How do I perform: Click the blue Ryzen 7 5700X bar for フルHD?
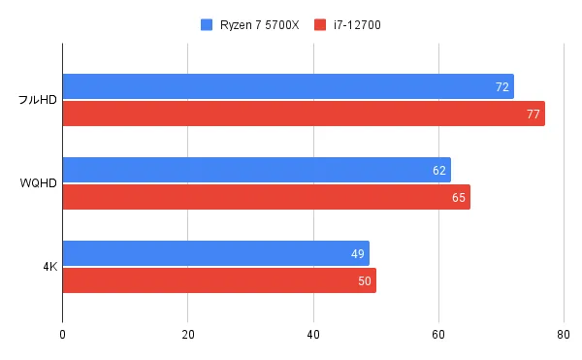coord(288,86)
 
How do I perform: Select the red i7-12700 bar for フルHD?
coord(304,114)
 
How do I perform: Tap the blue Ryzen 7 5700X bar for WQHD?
coord(256,170)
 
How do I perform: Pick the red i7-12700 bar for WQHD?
coord(266,197)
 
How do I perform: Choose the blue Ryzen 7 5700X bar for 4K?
coord(215,253)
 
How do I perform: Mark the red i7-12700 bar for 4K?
coord(219,280)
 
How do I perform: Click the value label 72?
coord(501,87)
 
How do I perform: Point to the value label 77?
coord(533,115)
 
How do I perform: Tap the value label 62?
coord(439,171)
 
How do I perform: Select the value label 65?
coord(458,198)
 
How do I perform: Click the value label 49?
coord(358,254)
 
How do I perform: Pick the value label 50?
coord(364,281)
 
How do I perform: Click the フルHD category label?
coord(37,100)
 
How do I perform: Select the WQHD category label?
coord(39,183)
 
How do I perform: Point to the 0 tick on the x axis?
coord(62,335)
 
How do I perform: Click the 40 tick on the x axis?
coord(313,335)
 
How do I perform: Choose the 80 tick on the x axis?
coord(563,335)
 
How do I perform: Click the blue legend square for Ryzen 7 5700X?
coord(206,23)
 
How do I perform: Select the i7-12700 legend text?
coord(355,23)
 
